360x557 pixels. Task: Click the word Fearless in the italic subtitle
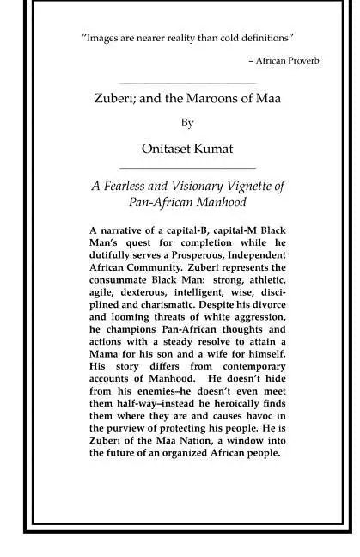point(138,187)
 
